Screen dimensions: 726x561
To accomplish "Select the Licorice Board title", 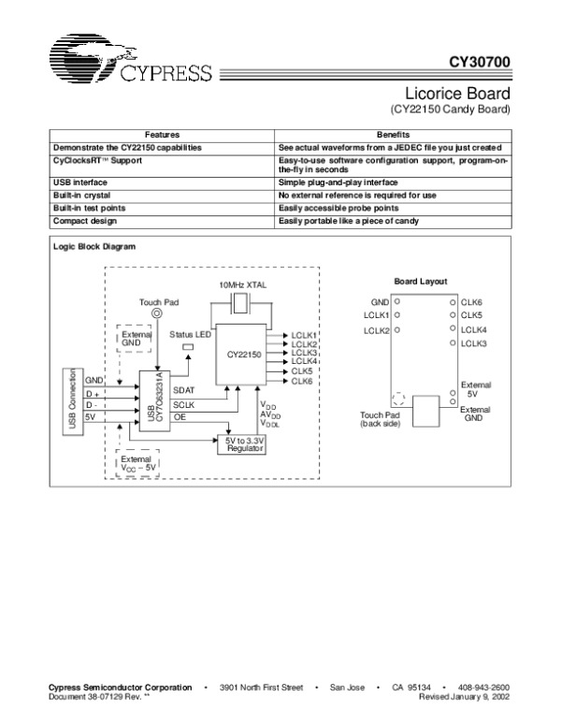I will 457,94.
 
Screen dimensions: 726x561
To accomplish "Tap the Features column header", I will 162,136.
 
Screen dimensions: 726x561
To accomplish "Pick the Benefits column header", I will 394,136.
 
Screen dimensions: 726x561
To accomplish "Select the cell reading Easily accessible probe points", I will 338,207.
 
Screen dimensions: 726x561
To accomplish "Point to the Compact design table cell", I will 82,220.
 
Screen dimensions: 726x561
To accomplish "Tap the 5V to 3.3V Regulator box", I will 241,443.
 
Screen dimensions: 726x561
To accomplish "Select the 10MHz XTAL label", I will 243,283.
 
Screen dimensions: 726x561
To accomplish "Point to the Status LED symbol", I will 187,348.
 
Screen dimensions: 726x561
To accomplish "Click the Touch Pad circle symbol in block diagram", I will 156,315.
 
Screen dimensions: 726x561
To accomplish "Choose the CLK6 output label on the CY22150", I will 301,381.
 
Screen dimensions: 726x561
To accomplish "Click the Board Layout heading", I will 420,281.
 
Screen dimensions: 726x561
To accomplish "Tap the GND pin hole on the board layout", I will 397,302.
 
